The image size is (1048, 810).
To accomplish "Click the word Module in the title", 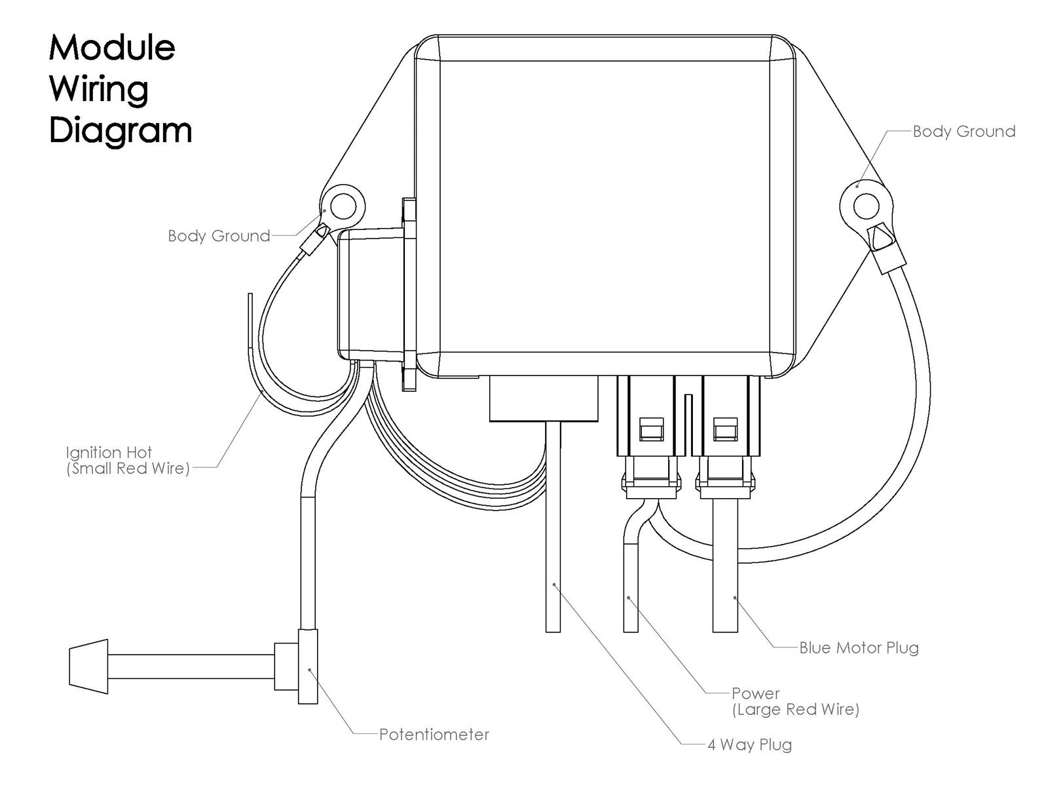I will [x=112, y=47].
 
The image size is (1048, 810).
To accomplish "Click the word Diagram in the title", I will [x=120, y=130].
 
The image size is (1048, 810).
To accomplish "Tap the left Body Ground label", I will [x=219, y=236].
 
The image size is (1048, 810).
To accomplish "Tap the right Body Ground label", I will [x=964, y=132].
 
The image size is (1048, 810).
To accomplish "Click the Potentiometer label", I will [x=434, y=735].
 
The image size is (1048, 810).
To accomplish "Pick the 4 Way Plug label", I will [x=749, y=745].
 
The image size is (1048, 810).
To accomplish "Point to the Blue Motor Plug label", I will [x=859, y=648].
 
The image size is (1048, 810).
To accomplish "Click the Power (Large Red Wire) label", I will [x=795, y=701].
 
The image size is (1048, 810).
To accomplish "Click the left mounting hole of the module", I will [x=343, y=206].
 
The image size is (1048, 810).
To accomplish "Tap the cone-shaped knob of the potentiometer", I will [x=88, y=666].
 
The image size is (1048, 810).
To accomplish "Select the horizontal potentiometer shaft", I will [x=190, y=666].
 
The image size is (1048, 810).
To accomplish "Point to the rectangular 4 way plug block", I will [x=544, y=398].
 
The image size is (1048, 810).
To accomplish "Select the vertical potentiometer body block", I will [x=308, y=666].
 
